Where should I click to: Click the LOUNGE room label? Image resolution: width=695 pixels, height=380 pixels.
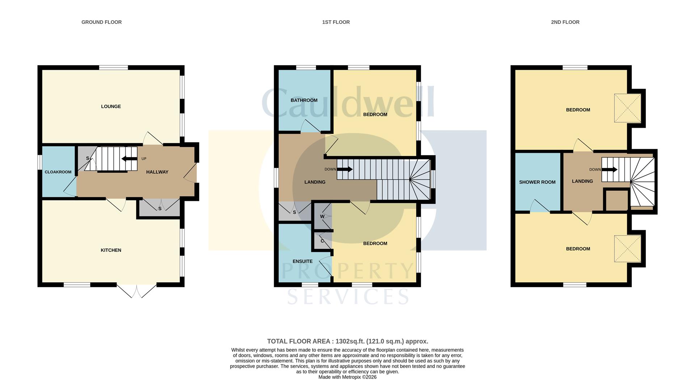coord(111,106)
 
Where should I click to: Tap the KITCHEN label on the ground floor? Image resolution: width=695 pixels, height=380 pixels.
coord(111,250)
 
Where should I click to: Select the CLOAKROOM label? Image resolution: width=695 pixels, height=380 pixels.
coord(58,172)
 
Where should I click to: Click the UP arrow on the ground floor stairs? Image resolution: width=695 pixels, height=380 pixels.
coord(129,159)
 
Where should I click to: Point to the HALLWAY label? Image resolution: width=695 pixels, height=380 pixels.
coord(157,172)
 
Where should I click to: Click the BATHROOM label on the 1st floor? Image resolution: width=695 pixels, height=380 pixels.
coord(304,100)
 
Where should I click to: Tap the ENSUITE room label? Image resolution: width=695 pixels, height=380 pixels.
coord(302,261)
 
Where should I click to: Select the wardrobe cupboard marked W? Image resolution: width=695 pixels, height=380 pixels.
coord(322,216)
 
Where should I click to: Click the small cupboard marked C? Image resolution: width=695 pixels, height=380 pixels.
coord(322,241)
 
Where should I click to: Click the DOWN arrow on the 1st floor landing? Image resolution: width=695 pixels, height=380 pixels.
coord(344,169)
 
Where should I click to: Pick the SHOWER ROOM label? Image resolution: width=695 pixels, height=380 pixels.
coord(537,182)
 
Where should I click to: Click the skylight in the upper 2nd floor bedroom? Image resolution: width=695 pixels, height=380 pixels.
coord(627,108)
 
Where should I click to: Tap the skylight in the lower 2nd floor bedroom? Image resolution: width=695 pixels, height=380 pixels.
coord(627,249)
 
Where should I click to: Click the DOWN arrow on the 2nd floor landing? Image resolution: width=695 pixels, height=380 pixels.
coord(610,169)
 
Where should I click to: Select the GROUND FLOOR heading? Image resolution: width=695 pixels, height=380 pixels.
coord(101,22)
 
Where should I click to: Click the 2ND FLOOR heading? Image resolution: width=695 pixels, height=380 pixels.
coord(565,22)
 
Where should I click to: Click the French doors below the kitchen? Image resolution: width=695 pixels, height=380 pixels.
coord(136,291)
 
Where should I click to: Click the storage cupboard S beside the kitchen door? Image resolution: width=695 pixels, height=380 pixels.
coord(159,208)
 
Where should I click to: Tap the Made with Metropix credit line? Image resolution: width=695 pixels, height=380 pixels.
coord(347,377)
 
